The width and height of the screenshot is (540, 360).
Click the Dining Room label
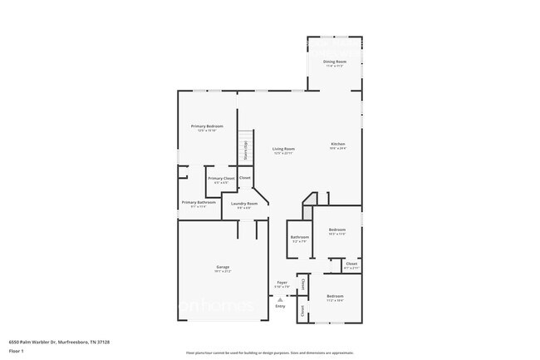click(x=335, y=62)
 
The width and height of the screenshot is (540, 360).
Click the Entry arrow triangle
click(x=280, y=300)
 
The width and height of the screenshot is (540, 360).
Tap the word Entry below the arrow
click(x=280, y=307)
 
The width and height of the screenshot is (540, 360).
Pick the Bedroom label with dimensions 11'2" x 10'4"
click(x=335, y=297)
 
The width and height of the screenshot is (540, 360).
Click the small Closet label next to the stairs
click(x=245, y=178)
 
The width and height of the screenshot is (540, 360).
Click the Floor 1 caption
click(x=16, y=351)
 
